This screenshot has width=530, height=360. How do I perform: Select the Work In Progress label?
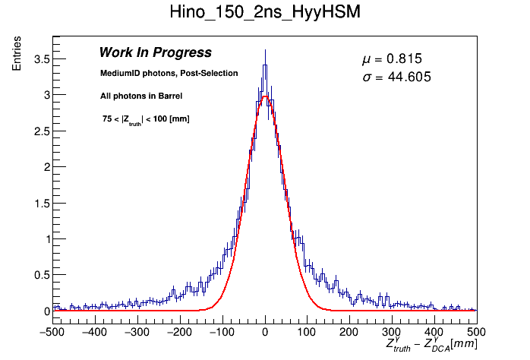[155, 52]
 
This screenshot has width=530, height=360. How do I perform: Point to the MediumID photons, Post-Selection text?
[169, 73]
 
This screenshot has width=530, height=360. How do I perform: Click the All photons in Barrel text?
[140, 96]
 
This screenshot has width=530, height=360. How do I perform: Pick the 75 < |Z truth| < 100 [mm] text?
[146, 119]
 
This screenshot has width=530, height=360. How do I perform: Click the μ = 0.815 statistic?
[392, 59]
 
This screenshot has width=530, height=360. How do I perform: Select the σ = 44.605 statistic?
[397, 77]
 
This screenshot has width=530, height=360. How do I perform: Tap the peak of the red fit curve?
[264, 96]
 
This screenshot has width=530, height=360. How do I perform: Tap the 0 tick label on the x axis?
[264, 332]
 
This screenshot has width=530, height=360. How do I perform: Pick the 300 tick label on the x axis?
[391, 332]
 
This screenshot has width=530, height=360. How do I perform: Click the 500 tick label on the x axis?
[476, 332]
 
